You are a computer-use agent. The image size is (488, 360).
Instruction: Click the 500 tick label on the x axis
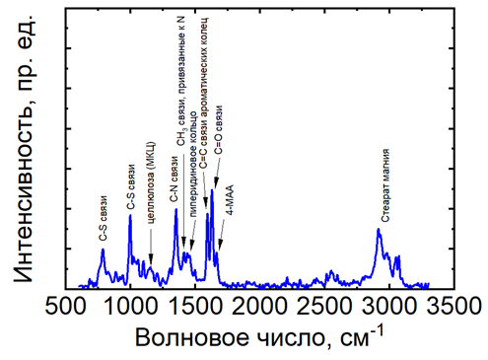[65, 307]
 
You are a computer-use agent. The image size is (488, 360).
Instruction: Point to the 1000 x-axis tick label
[130, 307]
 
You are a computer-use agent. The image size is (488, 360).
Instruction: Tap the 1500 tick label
[195, 307]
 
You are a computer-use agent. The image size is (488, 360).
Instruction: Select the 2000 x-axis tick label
[260, 307]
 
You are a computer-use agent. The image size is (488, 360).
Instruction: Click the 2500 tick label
[324, 307]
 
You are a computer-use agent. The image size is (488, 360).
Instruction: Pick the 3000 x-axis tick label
[389, 307]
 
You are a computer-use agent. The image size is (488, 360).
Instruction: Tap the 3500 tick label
[453, 307]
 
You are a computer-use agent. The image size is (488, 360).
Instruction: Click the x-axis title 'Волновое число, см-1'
[259, 337]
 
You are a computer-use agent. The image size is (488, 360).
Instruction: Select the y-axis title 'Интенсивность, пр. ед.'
[24, 149]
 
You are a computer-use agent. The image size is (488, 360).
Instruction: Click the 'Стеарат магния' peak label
[385, 185]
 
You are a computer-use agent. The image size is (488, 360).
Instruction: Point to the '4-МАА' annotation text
[230, 200]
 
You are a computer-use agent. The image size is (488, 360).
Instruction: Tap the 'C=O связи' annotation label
[218, 130]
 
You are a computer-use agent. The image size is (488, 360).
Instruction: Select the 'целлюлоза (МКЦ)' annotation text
[151, 182]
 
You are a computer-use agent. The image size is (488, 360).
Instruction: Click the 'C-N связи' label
[174, 180]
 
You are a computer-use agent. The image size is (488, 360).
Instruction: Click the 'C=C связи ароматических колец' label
[204, 93]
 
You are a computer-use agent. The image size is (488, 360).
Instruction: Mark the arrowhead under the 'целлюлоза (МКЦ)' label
[151, 259]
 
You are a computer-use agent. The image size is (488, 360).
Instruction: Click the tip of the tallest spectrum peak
[212, 189]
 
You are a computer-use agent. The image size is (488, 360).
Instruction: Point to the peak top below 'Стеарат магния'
[379, 229]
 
